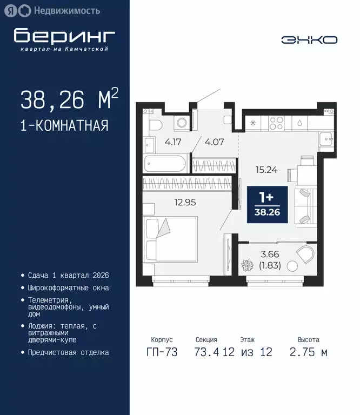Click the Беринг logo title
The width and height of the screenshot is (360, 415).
[64, 36]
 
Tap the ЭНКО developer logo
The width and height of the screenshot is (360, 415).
[309, 40]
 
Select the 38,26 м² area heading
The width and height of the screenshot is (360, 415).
[69, 100]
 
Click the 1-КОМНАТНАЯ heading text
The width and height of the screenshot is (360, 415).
[64, 126]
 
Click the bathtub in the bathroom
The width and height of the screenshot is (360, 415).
[165, 163]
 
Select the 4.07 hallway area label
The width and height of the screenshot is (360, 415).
[214, 143]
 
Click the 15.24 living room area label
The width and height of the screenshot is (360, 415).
[266, 169]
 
